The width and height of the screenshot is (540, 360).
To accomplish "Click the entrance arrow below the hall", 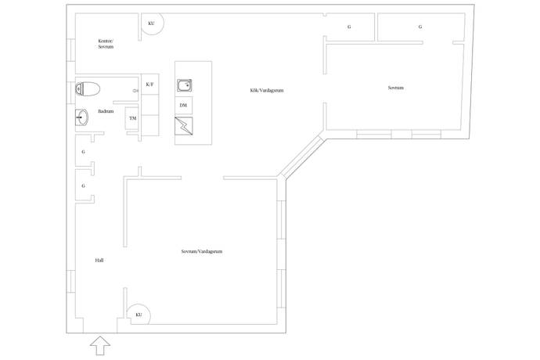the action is pos(100,346).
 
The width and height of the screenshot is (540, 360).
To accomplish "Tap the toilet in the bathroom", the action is pos(88,89).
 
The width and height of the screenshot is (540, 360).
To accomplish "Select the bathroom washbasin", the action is pos(81,117).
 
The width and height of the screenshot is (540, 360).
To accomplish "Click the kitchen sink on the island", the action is pos(185,85).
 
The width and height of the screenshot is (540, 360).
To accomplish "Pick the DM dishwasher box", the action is pos(184,106).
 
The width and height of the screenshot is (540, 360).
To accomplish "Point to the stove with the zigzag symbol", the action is pos(184,126).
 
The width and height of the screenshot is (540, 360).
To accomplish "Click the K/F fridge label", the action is pos(149,84).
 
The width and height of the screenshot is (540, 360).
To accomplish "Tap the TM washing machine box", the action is pos(132,118).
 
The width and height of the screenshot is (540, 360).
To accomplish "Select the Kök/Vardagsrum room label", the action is pos(267,91).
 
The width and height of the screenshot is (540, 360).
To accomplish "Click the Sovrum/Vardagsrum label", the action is pos(202,251).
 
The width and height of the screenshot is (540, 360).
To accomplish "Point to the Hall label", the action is pos(99,261).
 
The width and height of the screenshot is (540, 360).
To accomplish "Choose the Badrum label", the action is pos(106,111).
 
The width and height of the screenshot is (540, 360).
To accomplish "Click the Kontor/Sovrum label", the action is pos(106,44).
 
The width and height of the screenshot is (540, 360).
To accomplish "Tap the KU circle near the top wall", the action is pos(151,23).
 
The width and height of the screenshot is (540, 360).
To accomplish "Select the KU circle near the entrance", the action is pos(139,314).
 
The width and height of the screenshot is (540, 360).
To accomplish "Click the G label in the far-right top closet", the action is pos(420,27).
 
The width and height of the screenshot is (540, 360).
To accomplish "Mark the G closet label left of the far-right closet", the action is pos(349,27).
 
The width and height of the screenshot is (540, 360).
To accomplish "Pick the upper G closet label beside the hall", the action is pos(83,152).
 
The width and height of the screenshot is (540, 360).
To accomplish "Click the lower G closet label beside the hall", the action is pos(83,185).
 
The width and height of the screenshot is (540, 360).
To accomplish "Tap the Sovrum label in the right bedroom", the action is pos(396,88).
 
